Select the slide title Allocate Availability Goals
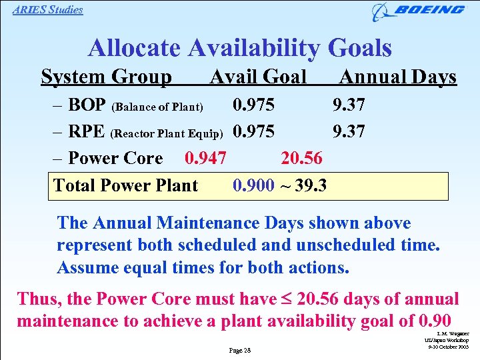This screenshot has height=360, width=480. tap(239, 48)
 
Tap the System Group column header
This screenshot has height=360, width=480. tap(106, 77)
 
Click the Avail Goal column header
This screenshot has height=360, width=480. tap(258, 77)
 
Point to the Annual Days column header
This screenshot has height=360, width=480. tap(398, 77)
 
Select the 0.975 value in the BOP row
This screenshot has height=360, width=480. tap(253, 105)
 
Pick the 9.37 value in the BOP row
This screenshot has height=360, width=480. tap(349, 105)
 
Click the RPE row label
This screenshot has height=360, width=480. tap(86, 131)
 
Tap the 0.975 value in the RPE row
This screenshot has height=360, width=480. tap(253, 131)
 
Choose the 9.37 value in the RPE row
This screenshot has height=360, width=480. tap(349, 131)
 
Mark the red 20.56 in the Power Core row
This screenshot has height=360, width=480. tap(301, 158)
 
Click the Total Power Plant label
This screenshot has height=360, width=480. tap(125, 185)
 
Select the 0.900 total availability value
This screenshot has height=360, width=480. tap(253, 185)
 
